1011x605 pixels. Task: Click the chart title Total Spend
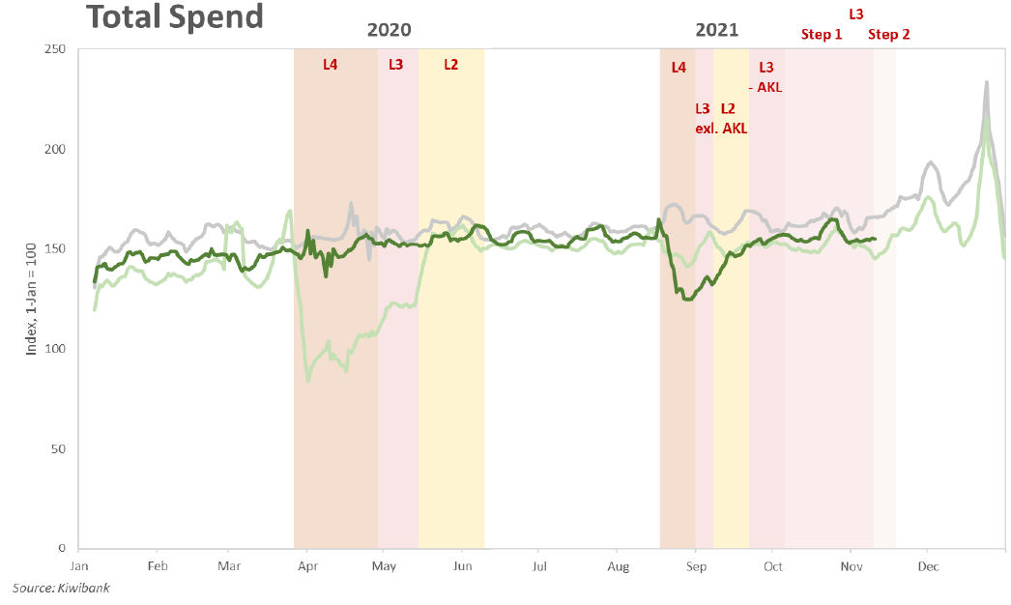tap(174, 16)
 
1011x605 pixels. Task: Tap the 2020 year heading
tap(389, 30)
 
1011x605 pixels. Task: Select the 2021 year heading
tap(716, 30)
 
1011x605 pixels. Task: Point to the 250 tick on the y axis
tap(53, 49)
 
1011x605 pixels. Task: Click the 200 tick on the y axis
tap(53, 149)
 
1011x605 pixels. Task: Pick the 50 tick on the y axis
tap(57, 448)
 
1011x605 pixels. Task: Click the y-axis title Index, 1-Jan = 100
tap(30, 299)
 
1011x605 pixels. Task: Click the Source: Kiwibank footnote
tap(60, 588)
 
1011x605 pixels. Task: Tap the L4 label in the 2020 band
tap(331, 66)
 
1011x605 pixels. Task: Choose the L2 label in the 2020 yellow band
tap(451, 66)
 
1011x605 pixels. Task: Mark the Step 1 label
tap(822, 35)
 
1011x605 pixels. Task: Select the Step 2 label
tap(888, 35)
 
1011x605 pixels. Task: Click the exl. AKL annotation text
tap(721, 128)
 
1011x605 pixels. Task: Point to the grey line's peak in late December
tap(986, 82)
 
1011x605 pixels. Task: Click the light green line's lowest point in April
tap(308, 381)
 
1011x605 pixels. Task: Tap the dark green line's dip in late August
tap(687, 300)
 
